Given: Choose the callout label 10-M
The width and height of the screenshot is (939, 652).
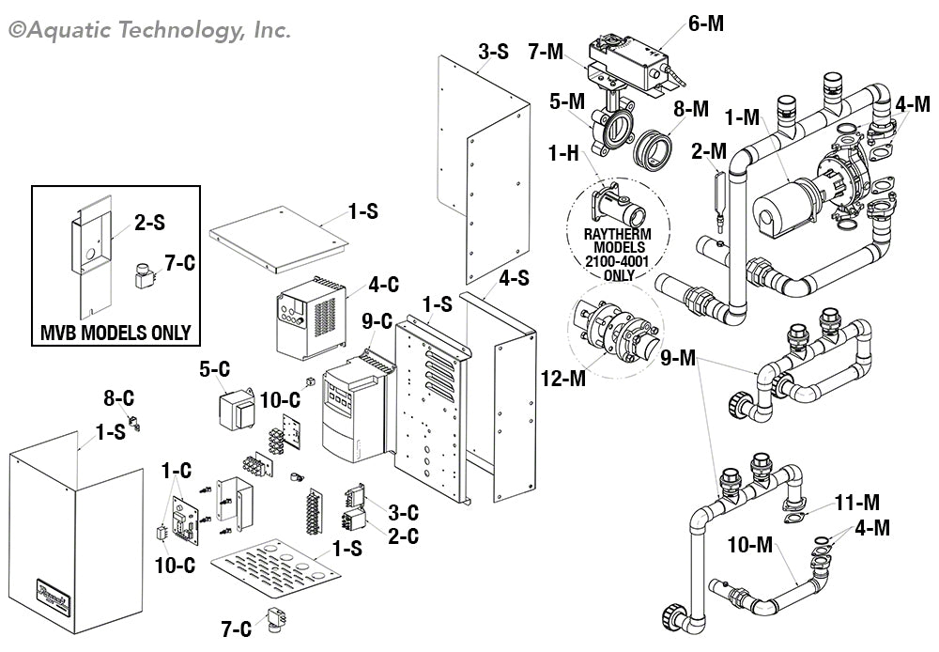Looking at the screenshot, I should coord(750,542).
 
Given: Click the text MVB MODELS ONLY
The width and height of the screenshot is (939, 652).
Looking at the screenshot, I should coord(116,332).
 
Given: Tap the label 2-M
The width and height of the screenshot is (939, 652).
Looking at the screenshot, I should coord(709,150).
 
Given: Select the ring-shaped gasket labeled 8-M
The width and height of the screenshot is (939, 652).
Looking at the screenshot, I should coord(651,147).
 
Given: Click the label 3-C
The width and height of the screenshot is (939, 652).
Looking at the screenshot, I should coord(403,513).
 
